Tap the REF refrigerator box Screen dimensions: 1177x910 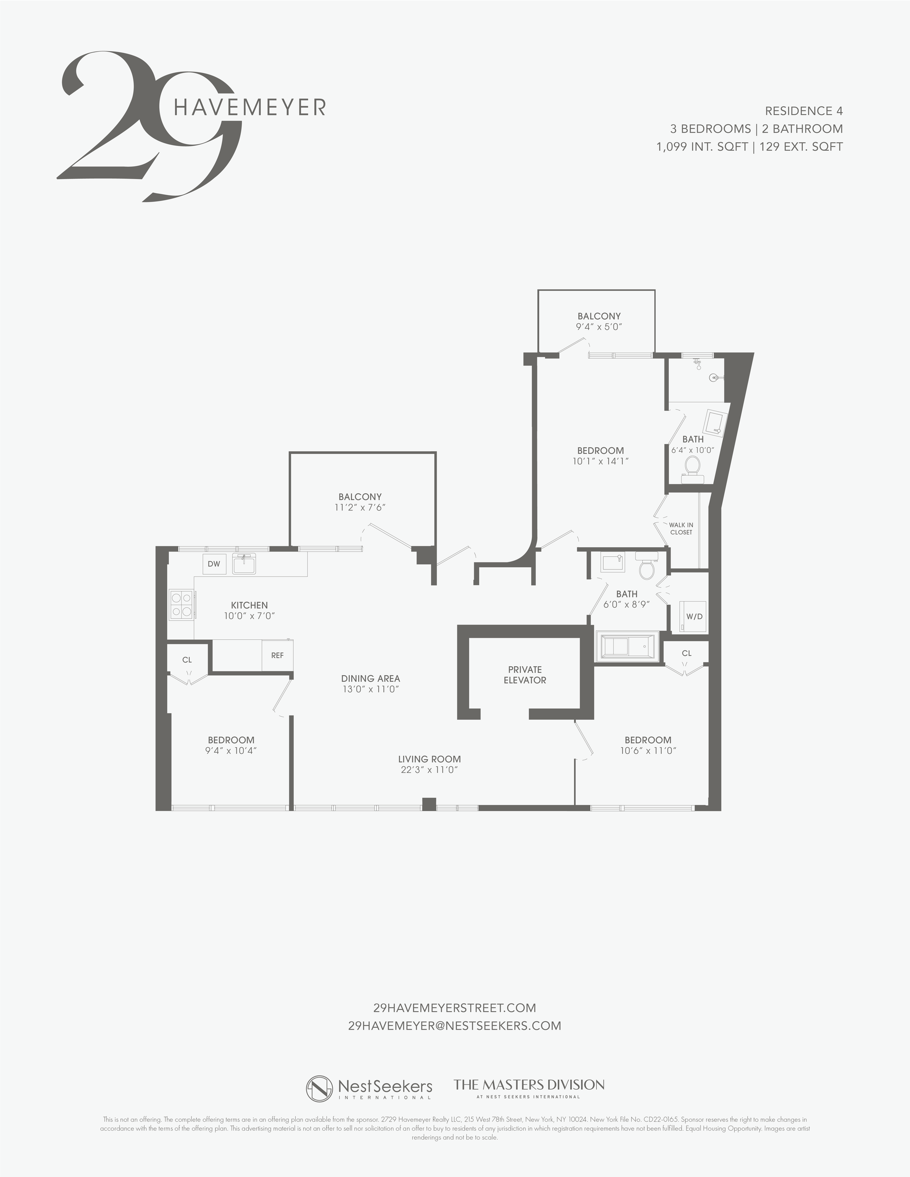277,655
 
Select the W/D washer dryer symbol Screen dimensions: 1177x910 694,616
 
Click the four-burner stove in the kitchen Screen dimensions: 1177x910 182,604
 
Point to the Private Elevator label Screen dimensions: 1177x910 525,675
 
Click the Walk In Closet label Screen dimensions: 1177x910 681,528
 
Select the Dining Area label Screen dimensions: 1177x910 370,679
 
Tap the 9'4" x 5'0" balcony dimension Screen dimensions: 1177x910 599,326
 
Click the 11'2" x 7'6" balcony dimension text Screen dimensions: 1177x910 360,507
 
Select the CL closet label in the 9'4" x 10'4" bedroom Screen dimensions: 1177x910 187,660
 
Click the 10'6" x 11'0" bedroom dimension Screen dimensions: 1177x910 648,751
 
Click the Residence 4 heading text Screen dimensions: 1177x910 804,111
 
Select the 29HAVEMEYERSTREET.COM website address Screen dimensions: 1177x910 455,1007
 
